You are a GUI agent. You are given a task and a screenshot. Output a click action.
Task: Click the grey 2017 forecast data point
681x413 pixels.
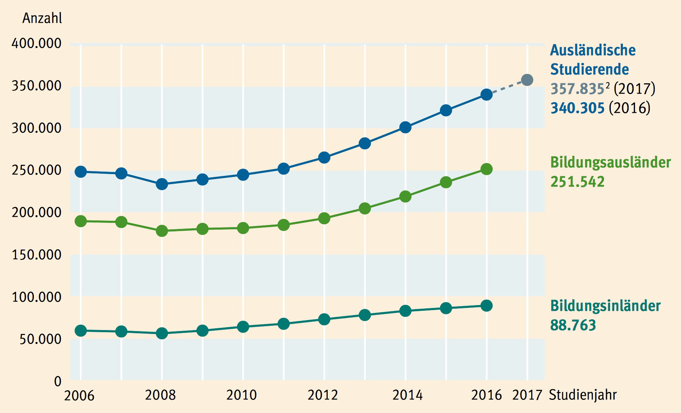pos(527,80)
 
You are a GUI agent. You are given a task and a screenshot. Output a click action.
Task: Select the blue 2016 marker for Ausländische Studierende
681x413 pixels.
pos(486,95)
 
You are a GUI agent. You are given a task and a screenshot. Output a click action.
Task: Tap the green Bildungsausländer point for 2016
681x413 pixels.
pos(486,169)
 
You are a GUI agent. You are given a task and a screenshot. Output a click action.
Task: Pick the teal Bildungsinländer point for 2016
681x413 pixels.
pos(486,305)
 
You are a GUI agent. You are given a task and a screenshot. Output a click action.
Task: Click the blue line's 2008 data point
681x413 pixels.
pos(162,184)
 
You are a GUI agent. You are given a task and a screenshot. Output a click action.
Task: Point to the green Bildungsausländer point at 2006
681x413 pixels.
pos(81,221)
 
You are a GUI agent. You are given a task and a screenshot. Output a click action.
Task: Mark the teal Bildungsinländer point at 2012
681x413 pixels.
pos(324,319)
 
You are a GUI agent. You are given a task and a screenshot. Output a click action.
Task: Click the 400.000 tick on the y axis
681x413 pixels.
pos(36,43)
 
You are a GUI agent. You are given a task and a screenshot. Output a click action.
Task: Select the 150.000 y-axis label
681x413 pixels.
pos(36,255)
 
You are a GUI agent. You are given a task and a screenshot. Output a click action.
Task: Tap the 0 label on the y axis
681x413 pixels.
pos(58,382)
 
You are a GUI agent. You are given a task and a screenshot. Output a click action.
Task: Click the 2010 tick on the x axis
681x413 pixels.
pos(241,395)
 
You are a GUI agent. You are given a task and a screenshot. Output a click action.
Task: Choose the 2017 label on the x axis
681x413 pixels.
pos(527,395)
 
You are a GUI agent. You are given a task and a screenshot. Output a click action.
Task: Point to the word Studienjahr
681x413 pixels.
pos(583,395)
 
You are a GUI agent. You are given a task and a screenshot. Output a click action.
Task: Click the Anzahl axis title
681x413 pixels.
pos(42,18)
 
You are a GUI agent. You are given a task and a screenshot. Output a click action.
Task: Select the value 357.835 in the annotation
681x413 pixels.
pos(577,89)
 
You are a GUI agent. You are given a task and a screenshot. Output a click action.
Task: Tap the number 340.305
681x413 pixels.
pos(577,108)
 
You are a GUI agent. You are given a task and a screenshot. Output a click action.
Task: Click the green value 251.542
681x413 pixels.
pos(577,182)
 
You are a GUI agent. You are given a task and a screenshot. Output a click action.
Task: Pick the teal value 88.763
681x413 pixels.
pos(573,325)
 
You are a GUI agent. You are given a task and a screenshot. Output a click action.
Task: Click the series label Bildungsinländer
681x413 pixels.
pos(605,306)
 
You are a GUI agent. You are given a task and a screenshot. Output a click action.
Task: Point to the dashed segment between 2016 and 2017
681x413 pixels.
pos(507,87)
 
